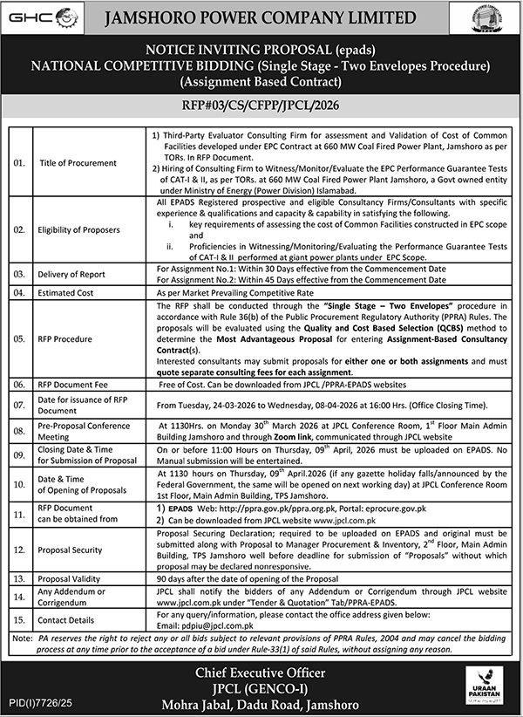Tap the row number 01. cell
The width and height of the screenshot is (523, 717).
coord(19,161)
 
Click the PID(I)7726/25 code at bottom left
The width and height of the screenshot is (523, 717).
coord(37,700)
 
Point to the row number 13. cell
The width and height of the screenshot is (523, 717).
coord(19,577)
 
